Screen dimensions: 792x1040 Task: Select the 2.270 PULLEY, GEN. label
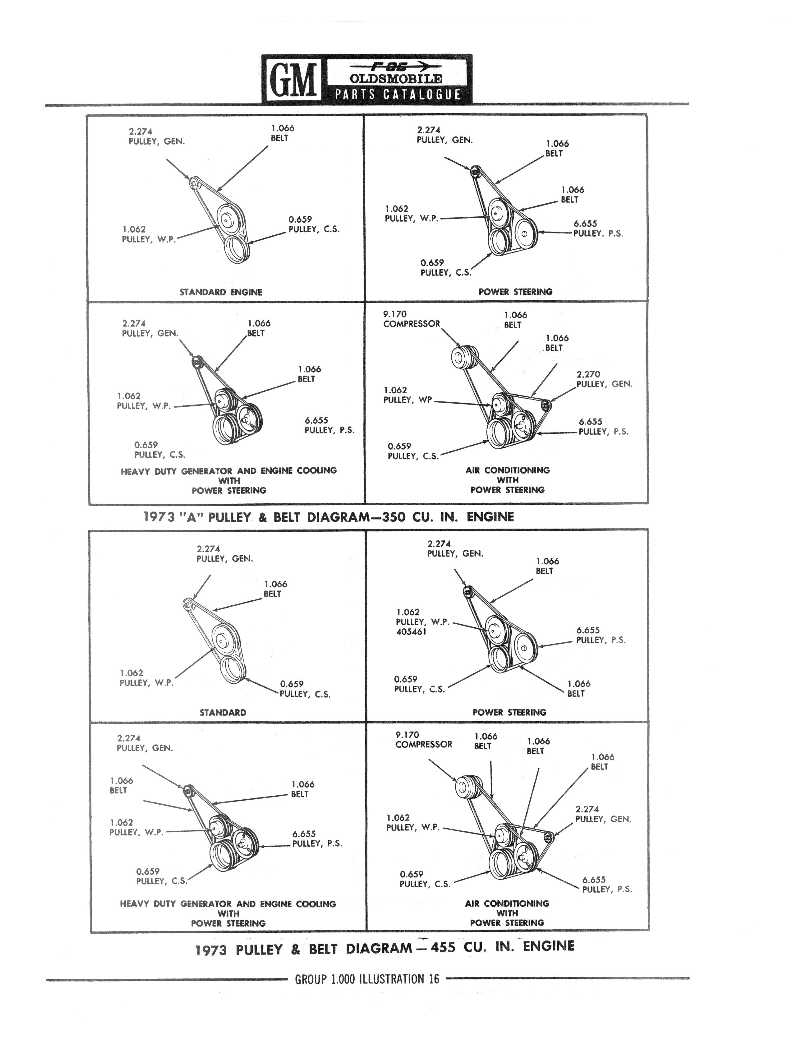click(604, 379)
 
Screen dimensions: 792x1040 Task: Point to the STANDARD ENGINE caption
click(221, 292)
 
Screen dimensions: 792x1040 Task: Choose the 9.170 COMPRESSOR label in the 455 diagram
click(424, 739)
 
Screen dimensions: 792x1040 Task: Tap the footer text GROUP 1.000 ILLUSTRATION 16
click(367, 979)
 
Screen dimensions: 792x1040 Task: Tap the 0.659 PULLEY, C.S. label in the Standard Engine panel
click(314, 224)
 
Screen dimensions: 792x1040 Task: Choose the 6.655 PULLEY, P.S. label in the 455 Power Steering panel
click(601, 635)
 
